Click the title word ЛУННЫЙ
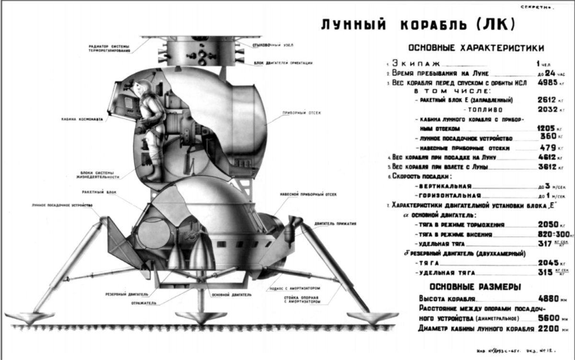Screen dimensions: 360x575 (349, 25)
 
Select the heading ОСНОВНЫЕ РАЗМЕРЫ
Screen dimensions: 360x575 (475, 287)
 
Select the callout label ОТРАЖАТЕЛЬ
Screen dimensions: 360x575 (143, 303)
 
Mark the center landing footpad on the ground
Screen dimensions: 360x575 (195, 317)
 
